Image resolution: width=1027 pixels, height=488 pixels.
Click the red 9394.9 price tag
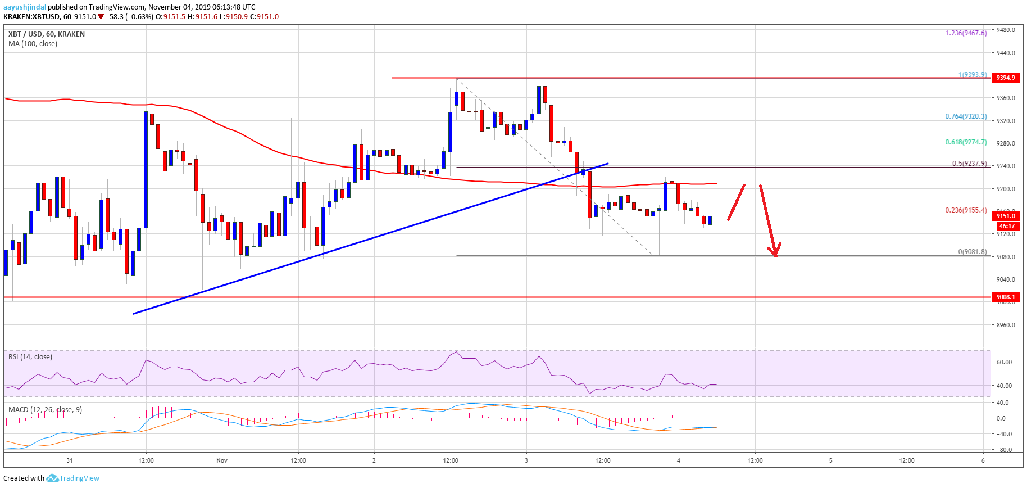coord(1005,78)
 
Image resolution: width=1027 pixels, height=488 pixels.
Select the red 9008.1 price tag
coord(1005,297)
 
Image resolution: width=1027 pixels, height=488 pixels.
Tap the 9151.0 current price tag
coord(1006,216)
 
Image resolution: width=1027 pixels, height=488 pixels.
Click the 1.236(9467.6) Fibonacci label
coord(966,33)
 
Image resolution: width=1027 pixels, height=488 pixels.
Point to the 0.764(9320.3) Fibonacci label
coord(966,116)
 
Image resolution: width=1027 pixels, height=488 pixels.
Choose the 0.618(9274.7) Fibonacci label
coord(966,142)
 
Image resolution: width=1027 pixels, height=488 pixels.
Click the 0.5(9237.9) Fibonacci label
coord(969,164)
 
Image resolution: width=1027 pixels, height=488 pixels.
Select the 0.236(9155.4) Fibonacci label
coord(966,210)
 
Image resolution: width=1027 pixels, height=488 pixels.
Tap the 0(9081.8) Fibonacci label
coord(972,252)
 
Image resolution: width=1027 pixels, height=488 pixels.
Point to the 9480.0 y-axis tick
coord(1006,30)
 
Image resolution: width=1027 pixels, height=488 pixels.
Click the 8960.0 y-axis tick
coord(1006,325)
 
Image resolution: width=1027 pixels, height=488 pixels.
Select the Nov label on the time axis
coord(222,460)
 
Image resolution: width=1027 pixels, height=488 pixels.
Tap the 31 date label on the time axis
coord(69,460)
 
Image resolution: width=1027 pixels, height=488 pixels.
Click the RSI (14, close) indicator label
coord(30,357)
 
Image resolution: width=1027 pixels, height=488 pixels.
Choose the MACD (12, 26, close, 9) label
coord(45,410)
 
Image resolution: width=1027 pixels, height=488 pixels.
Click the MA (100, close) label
coord(33,44)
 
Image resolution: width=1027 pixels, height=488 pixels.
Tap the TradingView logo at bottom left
coord(73,478)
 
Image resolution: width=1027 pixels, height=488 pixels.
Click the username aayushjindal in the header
coord(25,7)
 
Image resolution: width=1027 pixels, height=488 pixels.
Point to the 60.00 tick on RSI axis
coord(1004,362)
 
